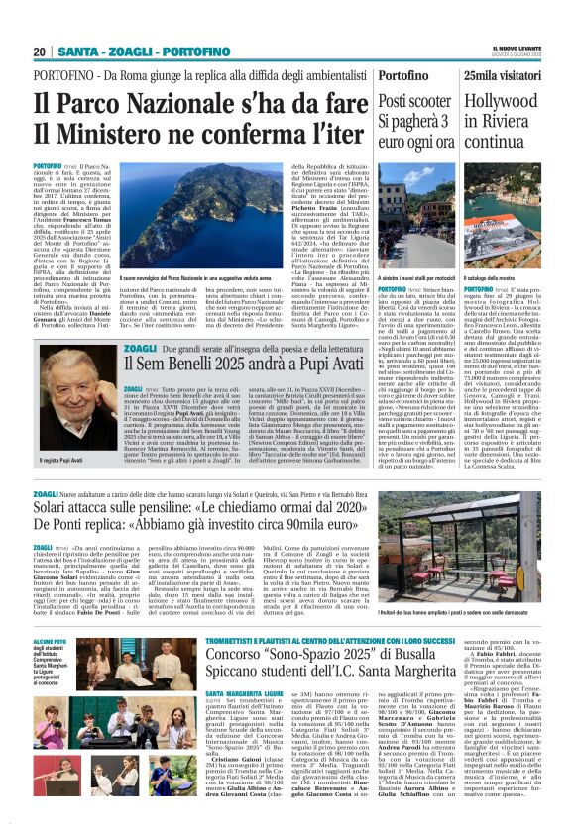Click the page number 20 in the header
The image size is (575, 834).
tap(40, 52)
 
